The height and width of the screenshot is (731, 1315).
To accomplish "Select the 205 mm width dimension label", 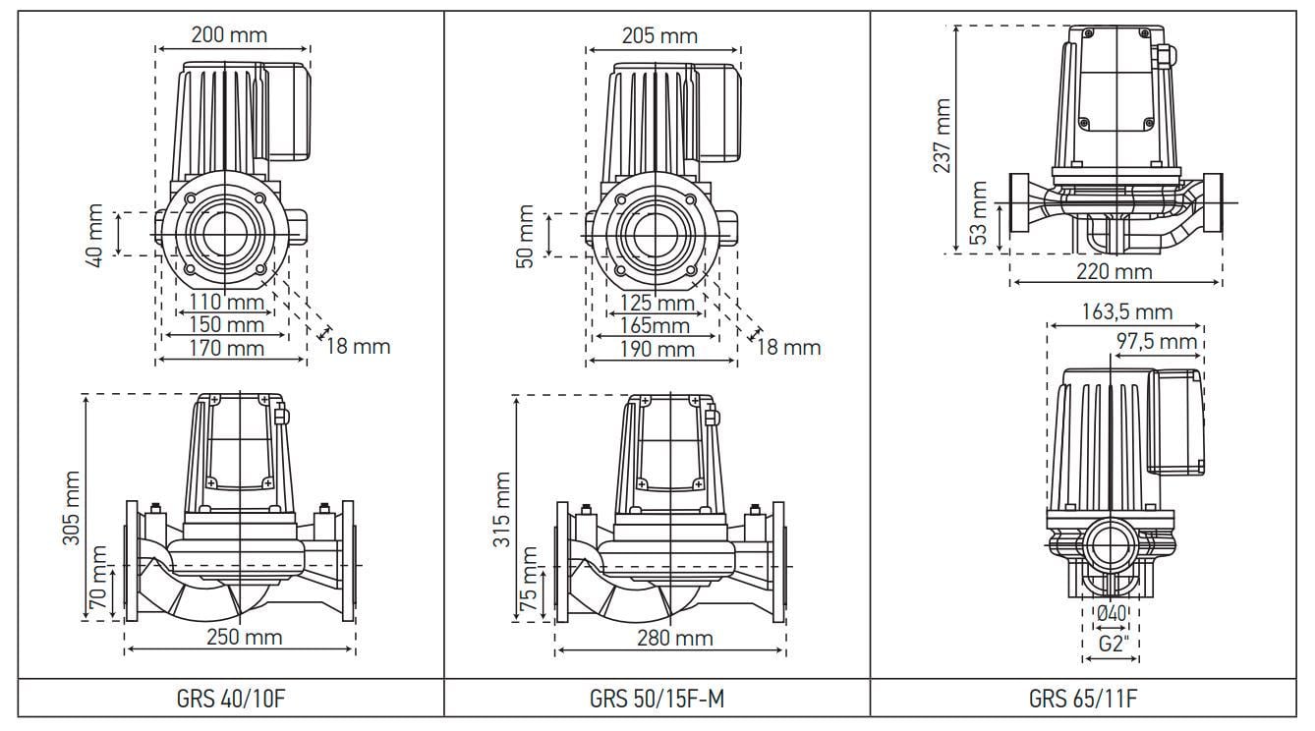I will coord(659,35).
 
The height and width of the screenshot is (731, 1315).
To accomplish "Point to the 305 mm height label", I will coord(73,509).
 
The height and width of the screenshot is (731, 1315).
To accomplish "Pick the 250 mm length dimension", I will coord(244,637).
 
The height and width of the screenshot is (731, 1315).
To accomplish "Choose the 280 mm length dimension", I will coord(674,639).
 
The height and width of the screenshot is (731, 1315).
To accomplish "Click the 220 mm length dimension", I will coord(1114,272).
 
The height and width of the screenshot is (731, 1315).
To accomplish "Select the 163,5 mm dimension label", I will coord(1125,312).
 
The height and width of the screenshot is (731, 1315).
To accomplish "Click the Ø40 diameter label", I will coord(1111,614).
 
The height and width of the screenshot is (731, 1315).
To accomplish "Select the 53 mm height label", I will coord(979,214).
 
